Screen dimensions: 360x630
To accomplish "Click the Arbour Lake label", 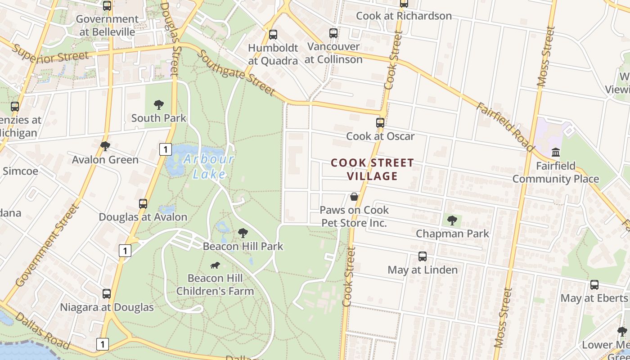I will (x=209, y=166).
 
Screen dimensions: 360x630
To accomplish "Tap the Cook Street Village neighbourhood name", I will (x=372, y=169).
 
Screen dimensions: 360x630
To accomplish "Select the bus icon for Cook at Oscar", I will (x=380, y=122).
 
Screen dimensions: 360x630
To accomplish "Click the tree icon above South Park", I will (x=158, y=105).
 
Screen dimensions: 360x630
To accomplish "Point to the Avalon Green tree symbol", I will (x=105, y=146).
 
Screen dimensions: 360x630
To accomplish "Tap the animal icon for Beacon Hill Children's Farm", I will (x=215, y=265).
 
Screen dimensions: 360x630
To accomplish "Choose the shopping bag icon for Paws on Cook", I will (x=354, y=197).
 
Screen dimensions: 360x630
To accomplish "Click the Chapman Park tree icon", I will (x=452, y=220).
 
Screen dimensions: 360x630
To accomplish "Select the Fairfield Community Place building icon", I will (x=556, y=152).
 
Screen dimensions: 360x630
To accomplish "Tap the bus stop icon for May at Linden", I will (x=423, y=256).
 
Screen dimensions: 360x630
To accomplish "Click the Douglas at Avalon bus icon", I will (x=143, y=204).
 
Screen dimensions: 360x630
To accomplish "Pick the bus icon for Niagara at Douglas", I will (x=107, y=294).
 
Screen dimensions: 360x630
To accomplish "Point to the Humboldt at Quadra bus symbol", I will (x=273, y=35).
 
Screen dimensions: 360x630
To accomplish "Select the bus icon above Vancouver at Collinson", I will (x=333, y=33).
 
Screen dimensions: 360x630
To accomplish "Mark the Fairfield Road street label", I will (x=505, y=127).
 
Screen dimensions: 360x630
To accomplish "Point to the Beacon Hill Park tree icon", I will (x=243, y=233).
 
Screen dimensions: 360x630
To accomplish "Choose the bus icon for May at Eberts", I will (x=594, y=285).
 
